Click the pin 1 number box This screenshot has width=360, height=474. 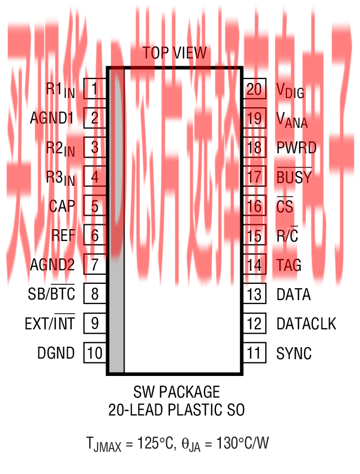point(95,88)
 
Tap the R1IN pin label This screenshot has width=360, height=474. point(60,90)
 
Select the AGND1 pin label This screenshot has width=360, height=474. point(52,118)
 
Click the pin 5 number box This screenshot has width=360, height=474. point(95,206)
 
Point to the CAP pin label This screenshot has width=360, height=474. point(62,206)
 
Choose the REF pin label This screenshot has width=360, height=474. point(63,236)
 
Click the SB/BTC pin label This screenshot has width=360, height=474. point(51,294)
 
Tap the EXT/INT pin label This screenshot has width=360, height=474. point(50,324)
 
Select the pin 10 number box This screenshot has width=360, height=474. point(95,353)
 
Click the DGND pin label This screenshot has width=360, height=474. point(56,354)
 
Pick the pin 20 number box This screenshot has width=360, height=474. point(254,88)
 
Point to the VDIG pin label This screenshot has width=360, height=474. point(290,90)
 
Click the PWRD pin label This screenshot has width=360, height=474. point(296,147)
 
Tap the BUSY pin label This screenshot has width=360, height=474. point(294,177)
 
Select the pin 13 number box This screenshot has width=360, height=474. point(254,294)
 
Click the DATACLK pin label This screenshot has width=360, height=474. point(306,324)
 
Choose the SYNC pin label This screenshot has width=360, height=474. point(294,354)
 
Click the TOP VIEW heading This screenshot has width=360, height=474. point(174,53)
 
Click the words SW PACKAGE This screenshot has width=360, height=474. point(176,392)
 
